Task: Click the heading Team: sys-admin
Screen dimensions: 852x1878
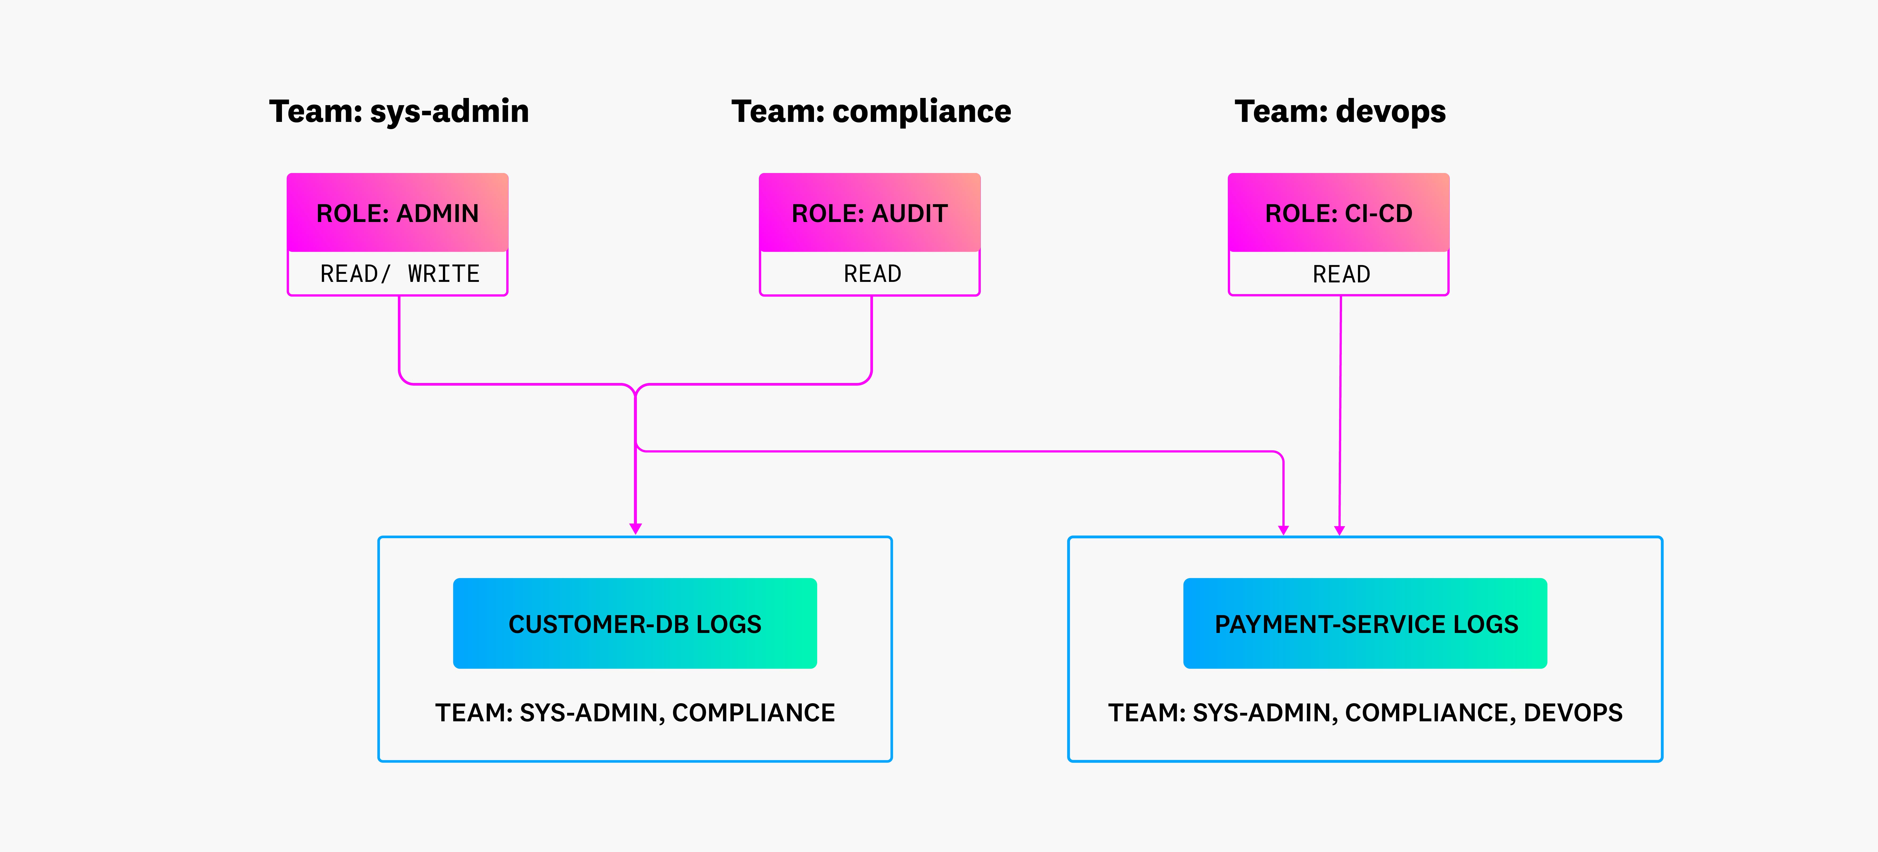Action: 399,112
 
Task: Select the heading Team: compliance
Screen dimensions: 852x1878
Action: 871,112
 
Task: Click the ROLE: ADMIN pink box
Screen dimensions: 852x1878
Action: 397,213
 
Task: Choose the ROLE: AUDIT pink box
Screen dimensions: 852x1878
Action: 870,213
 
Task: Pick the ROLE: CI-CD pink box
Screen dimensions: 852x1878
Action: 1339,213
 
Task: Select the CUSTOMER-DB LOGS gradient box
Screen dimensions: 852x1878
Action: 635,624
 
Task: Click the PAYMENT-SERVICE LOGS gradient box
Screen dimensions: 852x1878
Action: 1365,624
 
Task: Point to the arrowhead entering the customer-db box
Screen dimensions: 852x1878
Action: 636,528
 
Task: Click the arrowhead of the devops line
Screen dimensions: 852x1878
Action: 1339,530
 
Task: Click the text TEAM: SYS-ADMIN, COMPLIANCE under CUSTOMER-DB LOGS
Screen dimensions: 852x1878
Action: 635,713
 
